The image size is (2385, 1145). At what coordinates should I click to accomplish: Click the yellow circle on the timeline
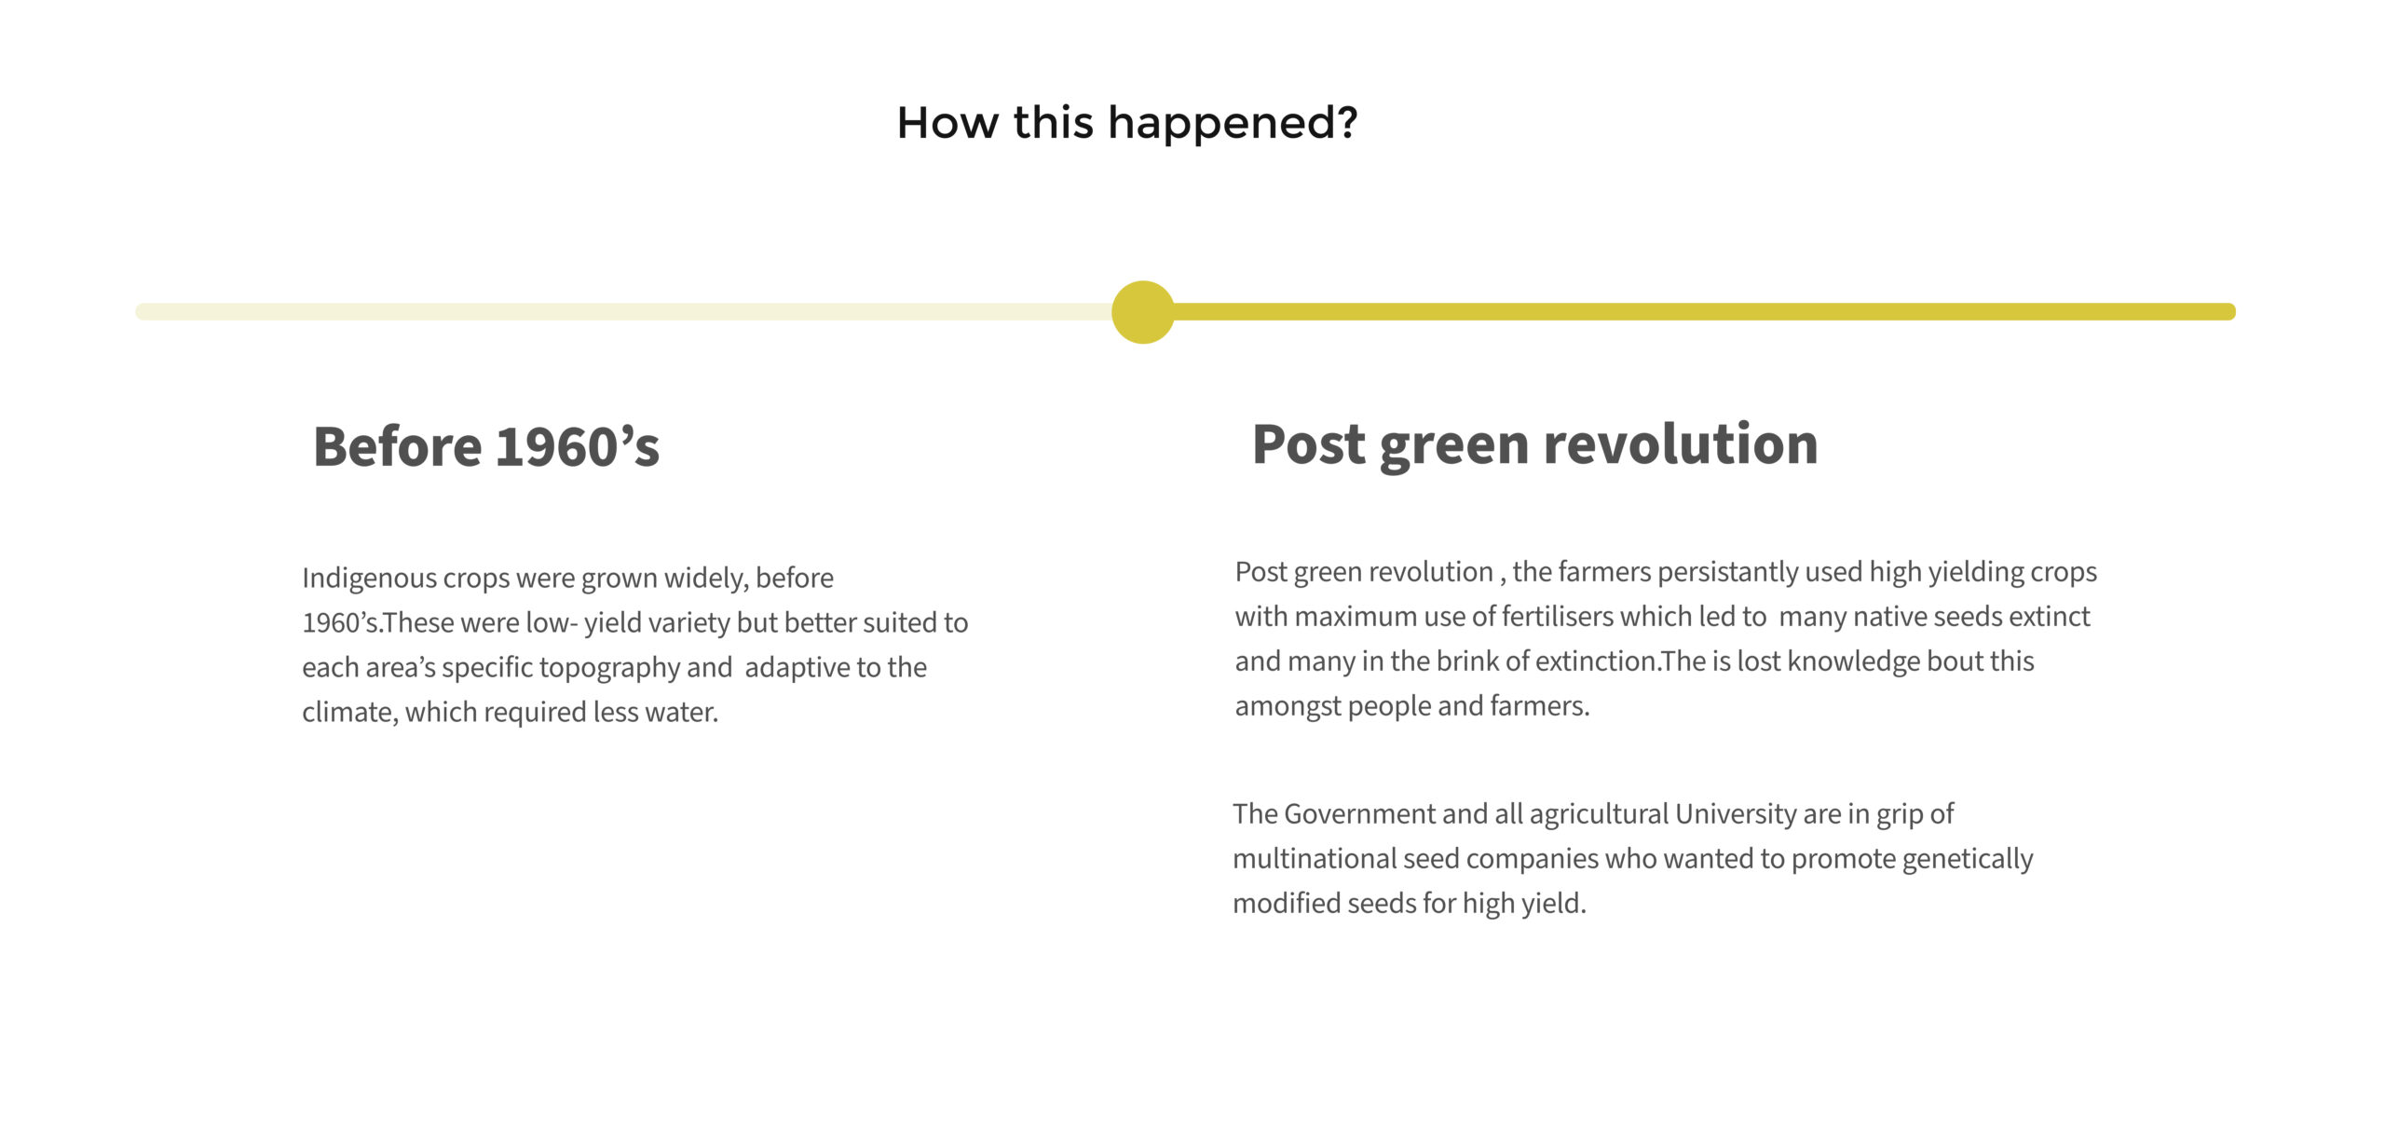click(1143, 312)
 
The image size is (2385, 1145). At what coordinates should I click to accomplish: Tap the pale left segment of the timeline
click(624, 312)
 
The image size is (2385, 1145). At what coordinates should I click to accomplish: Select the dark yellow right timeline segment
click(1704, 312)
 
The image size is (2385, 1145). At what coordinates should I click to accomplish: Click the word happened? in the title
click(1233, 124)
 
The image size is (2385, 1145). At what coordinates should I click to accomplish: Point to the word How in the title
click(947, 123)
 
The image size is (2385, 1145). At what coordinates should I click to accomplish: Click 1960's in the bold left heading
click(578, 446)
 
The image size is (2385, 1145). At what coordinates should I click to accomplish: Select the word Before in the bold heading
click(397, 446)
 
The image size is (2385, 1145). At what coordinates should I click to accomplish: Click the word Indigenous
click(369, 579)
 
